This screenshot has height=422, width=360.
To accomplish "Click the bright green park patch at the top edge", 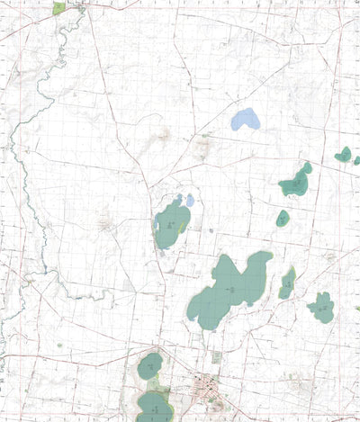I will click(x=59, y=8).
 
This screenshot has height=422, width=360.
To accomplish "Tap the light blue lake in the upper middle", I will click(x=245, y=120).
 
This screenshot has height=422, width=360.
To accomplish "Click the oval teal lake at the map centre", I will click(x=172, y=225).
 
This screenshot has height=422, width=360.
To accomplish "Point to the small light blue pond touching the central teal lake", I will click(x=189, y=199).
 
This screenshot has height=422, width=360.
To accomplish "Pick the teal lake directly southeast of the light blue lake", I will click(x=295, y=184).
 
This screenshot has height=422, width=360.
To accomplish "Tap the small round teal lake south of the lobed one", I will click(x=283, y=219).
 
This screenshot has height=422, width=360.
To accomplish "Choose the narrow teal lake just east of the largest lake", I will click(x=287, y=283).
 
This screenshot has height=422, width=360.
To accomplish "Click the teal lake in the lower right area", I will click(x=321, y=308).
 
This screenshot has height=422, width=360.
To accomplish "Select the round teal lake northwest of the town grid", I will click(x=149, y=365).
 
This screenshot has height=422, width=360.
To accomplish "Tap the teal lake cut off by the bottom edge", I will click(x=154, y=407).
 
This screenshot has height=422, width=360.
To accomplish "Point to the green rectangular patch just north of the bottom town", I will click(x=216, y=357).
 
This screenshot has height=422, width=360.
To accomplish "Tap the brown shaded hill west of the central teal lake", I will click(x=106, y=221).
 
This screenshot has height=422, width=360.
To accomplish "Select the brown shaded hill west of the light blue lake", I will click(x=163, y=136).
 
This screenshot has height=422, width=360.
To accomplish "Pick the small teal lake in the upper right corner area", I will click(x=344, y=155).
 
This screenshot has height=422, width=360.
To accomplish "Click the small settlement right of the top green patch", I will click(x=83, y=7).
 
